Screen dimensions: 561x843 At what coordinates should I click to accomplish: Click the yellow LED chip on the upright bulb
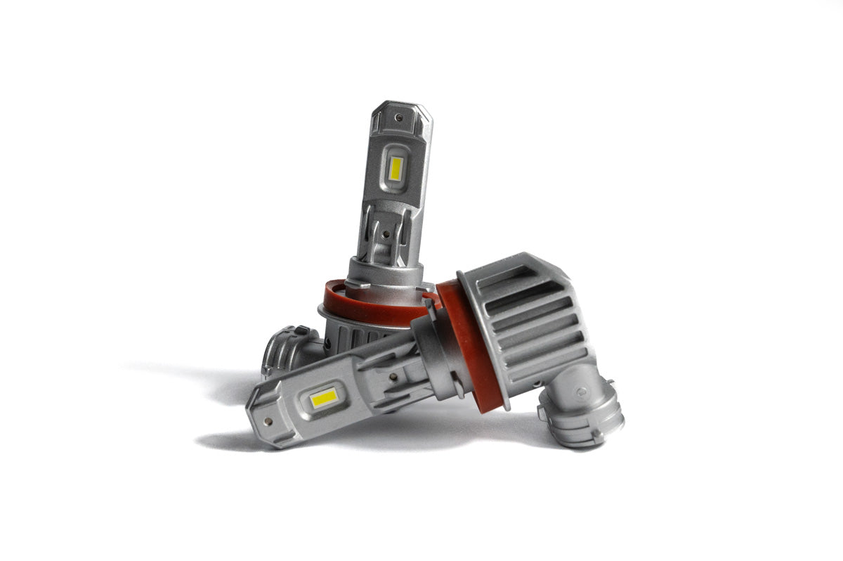coord(396,168)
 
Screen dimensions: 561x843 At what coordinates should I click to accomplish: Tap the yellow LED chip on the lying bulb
coord(324,399)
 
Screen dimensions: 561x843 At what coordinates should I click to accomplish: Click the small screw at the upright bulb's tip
coord(398,118)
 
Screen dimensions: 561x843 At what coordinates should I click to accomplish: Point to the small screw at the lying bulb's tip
coord(268,422)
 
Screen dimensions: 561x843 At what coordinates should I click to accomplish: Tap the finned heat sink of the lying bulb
coord(534,316)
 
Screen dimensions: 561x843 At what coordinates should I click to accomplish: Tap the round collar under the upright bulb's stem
coord(384,271)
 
